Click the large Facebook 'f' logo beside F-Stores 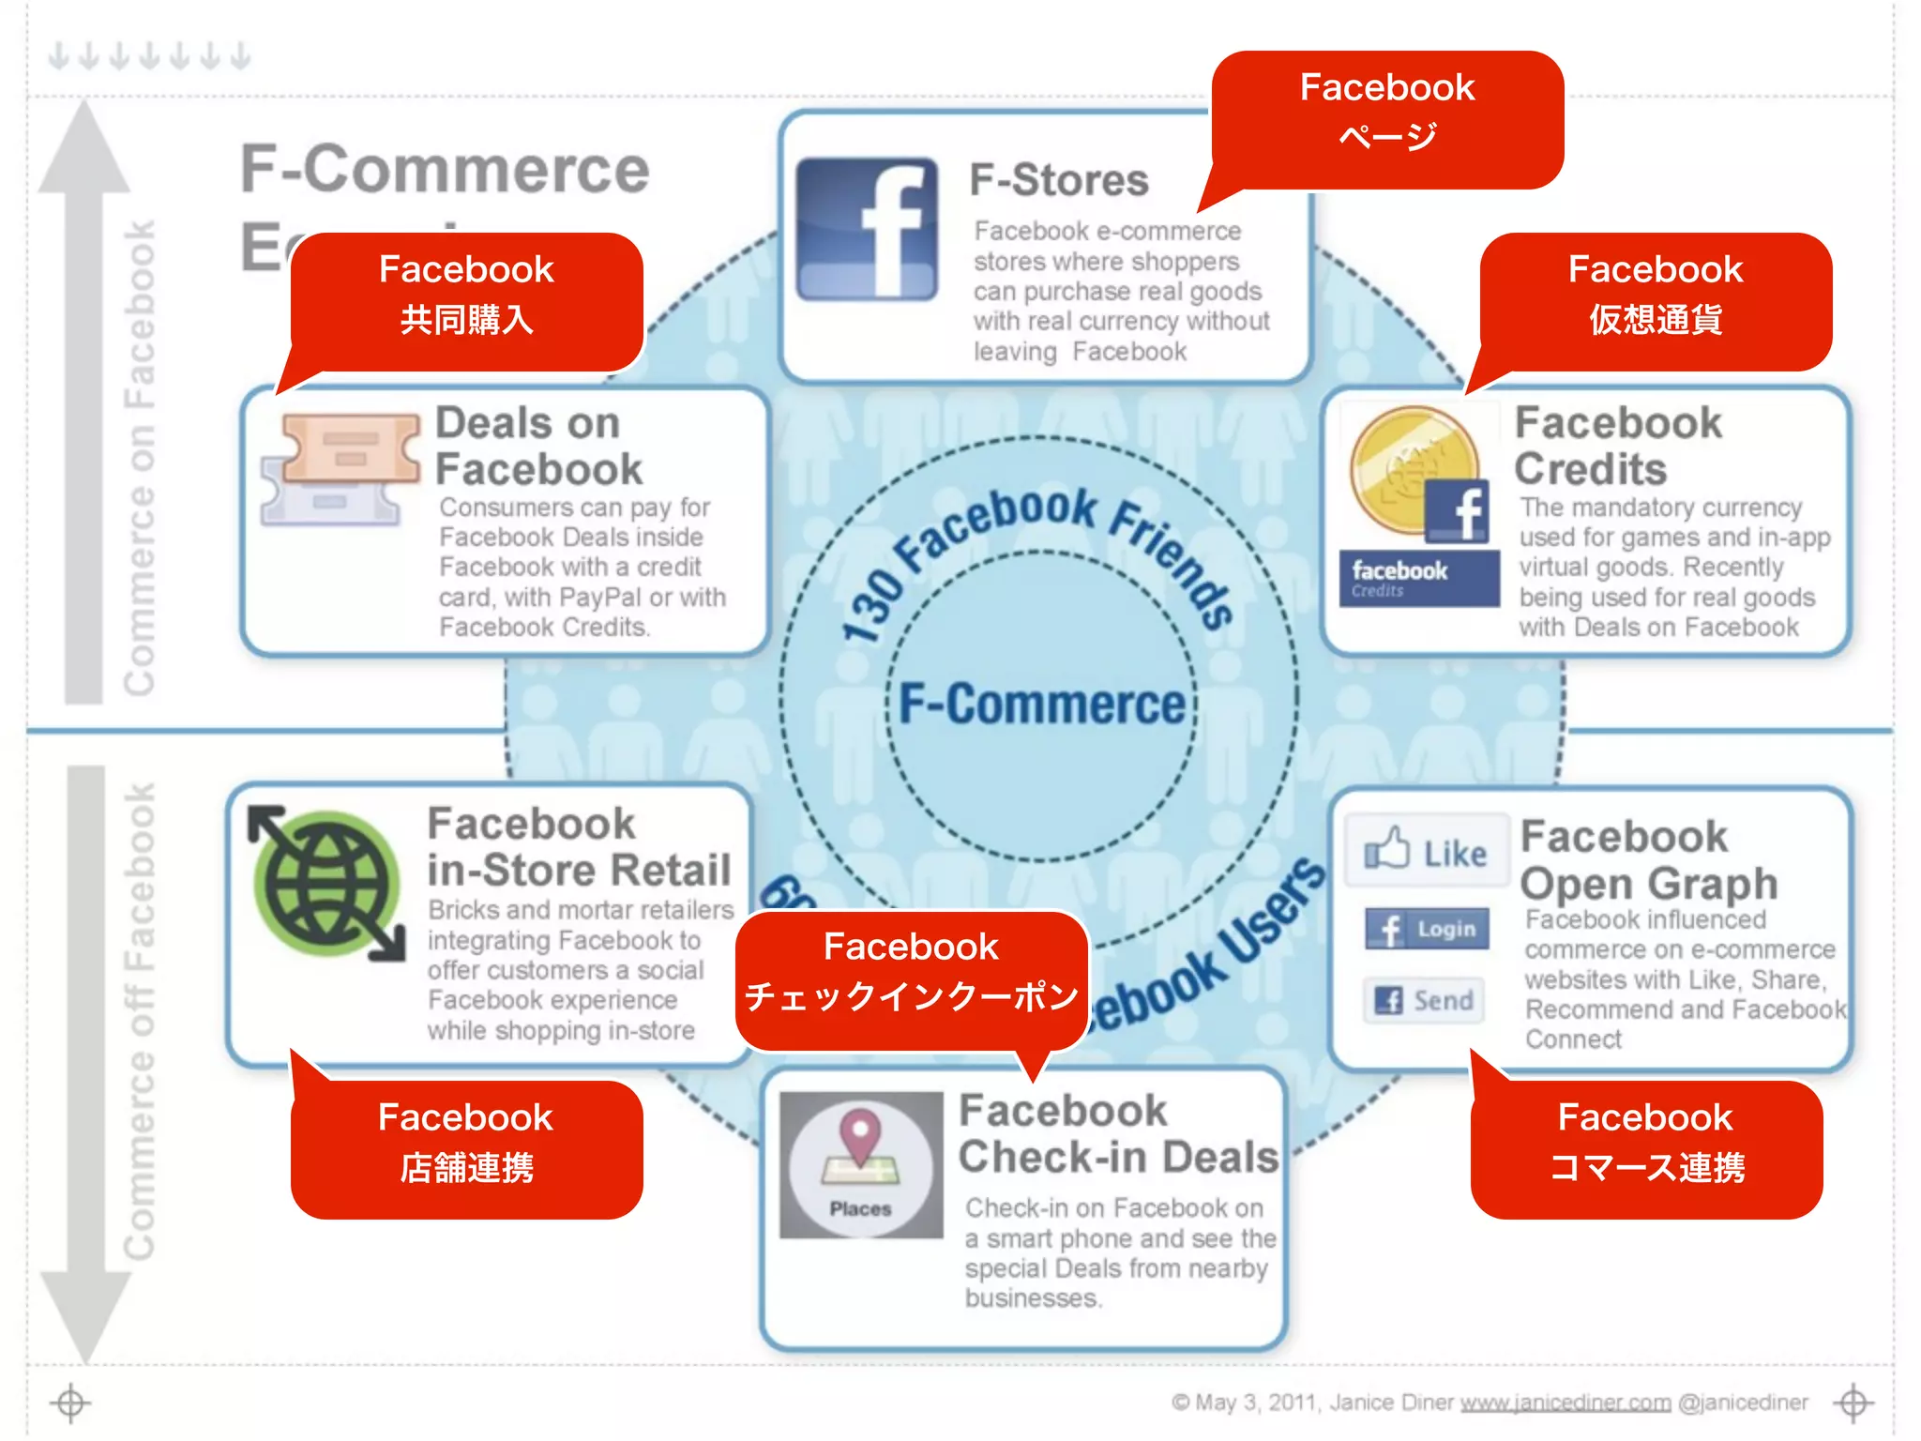tap(867, 229)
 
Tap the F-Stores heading tap(1058, 179)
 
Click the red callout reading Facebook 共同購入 tap(466, 296)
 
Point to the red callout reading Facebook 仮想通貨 tap(1655, 296)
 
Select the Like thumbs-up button tap(1426, 851)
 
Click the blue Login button tap(1427, 929)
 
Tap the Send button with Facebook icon tap(1425, 1000)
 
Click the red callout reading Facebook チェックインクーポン tap(911, 973)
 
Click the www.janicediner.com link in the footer tap(1566, 1403)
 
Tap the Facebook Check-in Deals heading tap(1117, 1133)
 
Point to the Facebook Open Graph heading tap(1648, 859)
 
